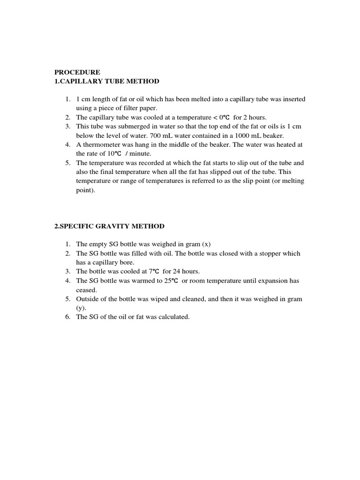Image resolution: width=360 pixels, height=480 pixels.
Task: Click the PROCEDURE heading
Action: coord(77,72)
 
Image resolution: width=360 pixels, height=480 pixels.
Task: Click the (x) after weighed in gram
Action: coord(206,244)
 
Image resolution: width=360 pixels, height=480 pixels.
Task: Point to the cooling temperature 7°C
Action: coord(154,271)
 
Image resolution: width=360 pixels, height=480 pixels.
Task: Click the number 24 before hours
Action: coord(175,271)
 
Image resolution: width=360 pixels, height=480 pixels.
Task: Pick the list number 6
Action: coord(68,317)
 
